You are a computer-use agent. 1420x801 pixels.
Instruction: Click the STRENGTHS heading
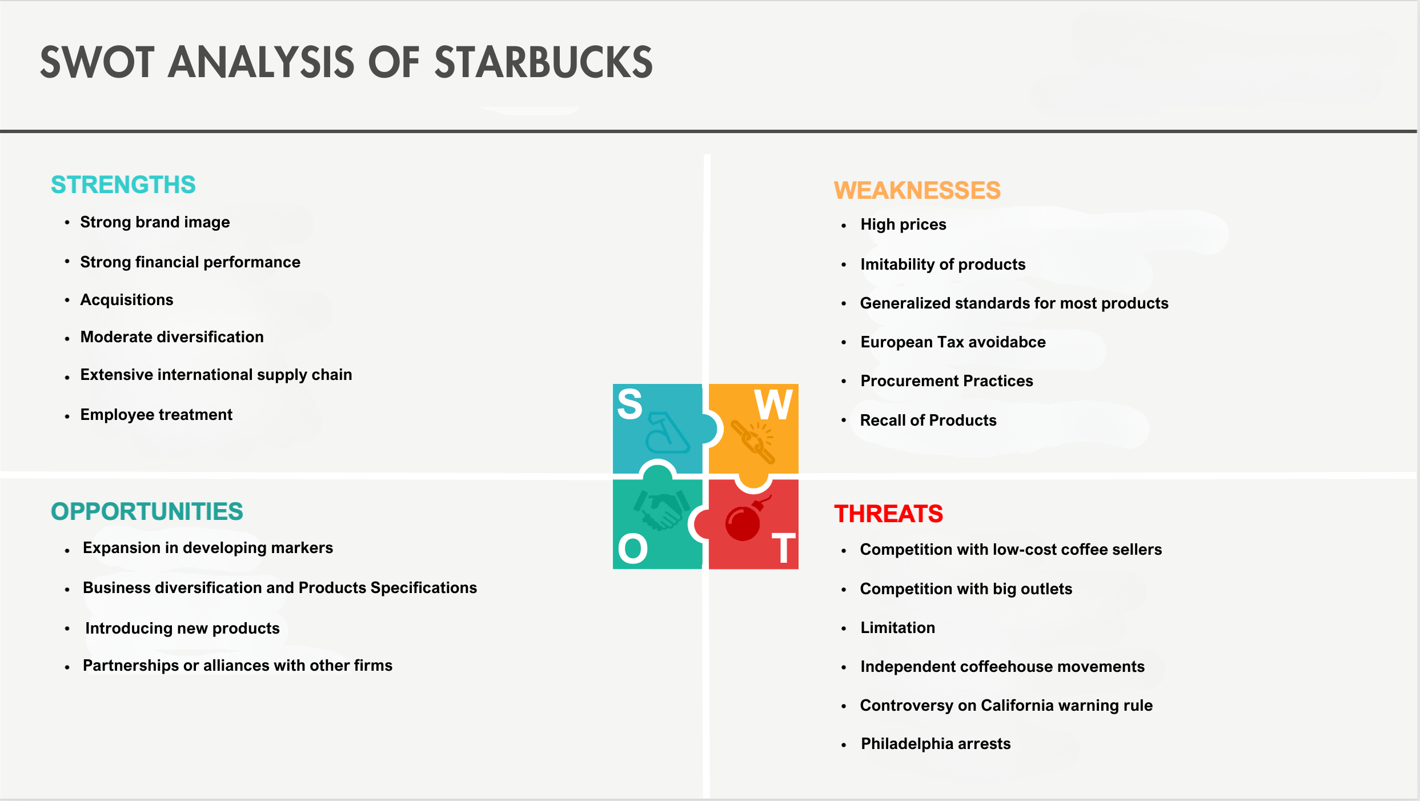123,185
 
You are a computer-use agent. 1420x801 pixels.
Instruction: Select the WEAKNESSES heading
917,190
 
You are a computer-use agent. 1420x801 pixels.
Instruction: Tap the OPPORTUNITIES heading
147,511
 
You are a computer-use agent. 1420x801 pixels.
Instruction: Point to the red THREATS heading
888,514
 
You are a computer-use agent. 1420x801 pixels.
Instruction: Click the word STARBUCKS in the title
543,62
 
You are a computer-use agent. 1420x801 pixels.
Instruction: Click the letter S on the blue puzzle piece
630,404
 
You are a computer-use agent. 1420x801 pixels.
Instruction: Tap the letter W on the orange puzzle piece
773,404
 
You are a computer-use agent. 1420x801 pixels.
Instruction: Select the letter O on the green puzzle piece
633,548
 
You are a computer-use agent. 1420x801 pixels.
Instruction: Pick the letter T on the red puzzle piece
784,548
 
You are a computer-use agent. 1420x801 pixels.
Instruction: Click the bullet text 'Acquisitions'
127,300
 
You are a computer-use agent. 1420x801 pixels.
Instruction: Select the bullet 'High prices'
903,225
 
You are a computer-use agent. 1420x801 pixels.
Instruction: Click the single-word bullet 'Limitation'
898,627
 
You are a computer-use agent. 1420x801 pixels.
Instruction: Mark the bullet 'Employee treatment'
157,415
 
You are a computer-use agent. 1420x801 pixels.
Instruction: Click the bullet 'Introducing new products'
182,628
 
